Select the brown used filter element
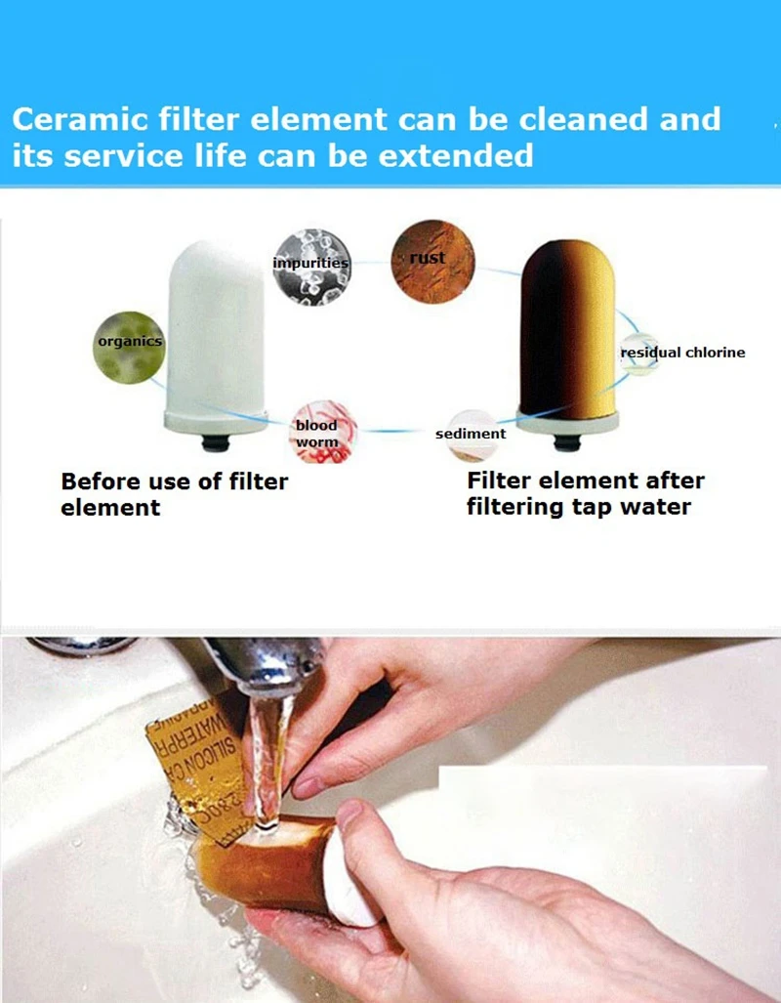coord(567,332)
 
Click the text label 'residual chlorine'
coord(683,353)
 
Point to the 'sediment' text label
coord(471,433)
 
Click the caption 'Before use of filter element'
coord(174,494)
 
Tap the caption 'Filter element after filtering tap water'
coord(585,494)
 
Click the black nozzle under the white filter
coord(216,442)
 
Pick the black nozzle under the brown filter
coord(567,442)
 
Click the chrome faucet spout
coord(264,664)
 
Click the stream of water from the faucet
coord(266,752)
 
